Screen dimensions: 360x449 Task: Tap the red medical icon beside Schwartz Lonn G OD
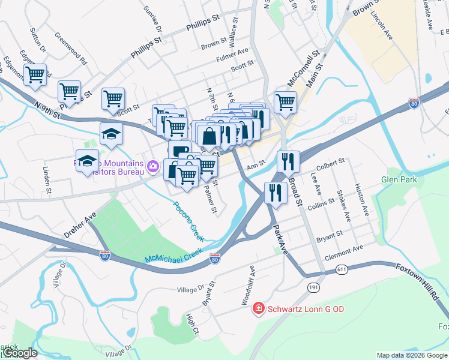[x=258, y=308]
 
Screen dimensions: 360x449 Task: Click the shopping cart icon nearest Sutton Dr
[x=35, y=74]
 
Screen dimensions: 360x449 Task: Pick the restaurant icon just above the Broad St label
[x=288, y=161]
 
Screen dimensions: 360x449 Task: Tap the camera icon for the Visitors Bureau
[x=153, y=166]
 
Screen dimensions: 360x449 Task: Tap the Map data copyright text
[x=411, y=355]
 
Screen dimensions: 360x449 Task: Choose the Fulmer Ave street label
[x=232, y=56]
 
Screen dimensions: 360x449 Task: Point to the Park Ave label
[x=280, y=239]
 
